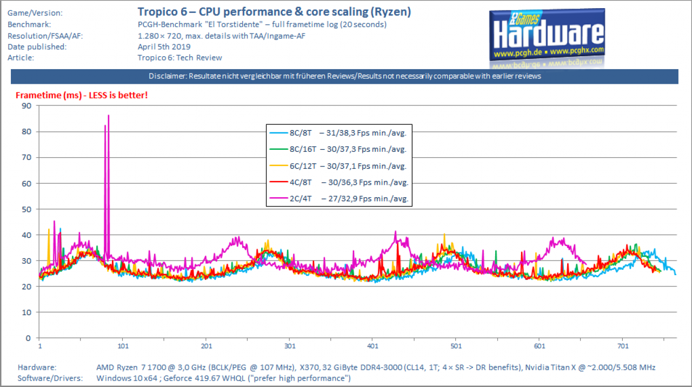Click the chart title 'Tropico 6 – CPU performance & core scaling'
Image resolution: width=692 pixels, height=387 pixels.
tap(252, 12)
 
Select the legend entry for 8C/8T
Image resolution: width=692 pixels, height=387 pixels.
tap(338, 133)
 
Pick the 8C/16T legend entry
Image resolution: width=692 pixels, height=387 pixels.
tap(338, 150)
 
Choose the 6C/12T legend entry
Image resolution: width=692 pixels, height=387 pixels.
tap(338, 166)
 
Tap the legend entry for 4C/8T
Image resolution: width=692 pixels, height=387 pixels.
tap(339, 183)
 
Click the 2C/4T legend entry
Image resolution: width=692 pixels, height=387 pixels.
tap(339, 198)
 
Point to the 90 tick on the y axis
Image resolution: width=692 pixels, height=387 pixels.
tap(26, 106)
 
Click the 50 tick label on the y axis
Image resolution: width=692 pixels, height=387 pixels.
tap(26, 209)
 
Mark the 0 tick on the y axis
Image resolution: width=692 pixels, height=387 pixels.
tap(28, 338)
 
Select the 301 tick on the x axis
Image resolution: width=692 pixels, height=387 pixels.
tap(290, 346)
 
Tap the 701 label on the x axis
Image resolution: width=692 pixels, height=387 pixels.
tap(623, 346)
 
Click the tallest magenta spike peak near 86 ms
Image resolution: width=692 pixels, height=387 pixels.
tap(109, 116)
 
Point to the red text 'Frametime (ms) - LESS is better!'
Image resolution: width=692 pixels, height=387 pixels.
tap(82, 95)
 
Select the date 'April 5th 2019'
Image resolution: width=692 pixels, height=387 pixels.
tap(164, 46)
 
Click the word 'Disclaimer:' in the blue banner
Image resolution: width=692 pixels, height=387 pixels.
tap(168, 76)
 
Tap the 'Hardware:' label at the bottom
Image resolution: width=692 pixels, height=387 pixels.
tap(37, 367)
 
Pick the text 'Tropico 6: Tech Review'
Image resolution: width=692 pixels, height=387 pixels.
tap(180, 58)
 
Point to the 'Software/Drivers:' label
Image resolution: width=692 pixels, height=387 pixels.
tap(50, 378)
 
